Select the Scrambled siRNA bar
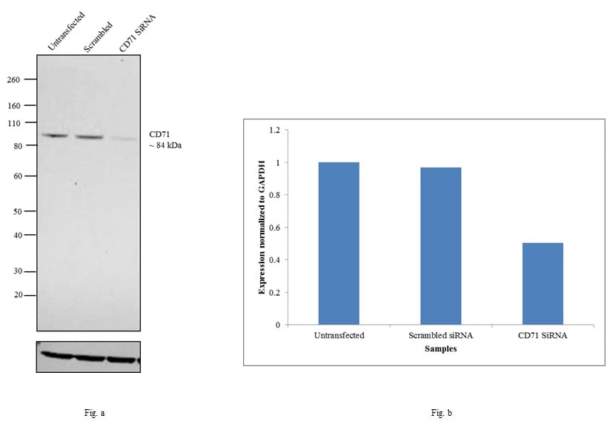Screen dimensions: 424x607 [x=440, y=246]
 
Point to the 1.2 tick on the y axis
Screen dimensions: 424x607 [x=274, y=130]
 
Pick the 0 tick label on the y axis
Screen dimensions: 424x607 [x=277, y=325]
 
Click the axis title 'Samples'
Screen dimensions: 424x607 [x=440, y=348]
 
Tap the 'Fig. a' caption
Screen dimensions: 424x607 [x=94, y=412]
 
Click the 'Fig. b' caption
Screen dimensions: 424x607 [x=440, y=412]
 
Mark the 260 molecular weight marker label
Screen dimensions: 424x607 [x=13, y=79]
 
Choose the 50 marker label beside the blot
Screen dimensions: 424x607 [x=16, y=211]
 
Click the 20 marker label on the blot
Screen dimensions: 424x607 [x=16, y=296]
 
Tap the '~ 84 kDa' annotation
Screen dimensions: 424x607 [x=165, y=145]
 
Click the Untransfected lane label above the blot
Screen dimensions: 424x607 [x=65, y=32]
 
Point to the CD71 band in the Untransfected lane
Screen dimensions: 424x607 [x=55, y=136]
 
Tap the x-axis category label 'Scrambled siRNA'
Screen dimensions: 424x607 [x=440, y=335]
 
